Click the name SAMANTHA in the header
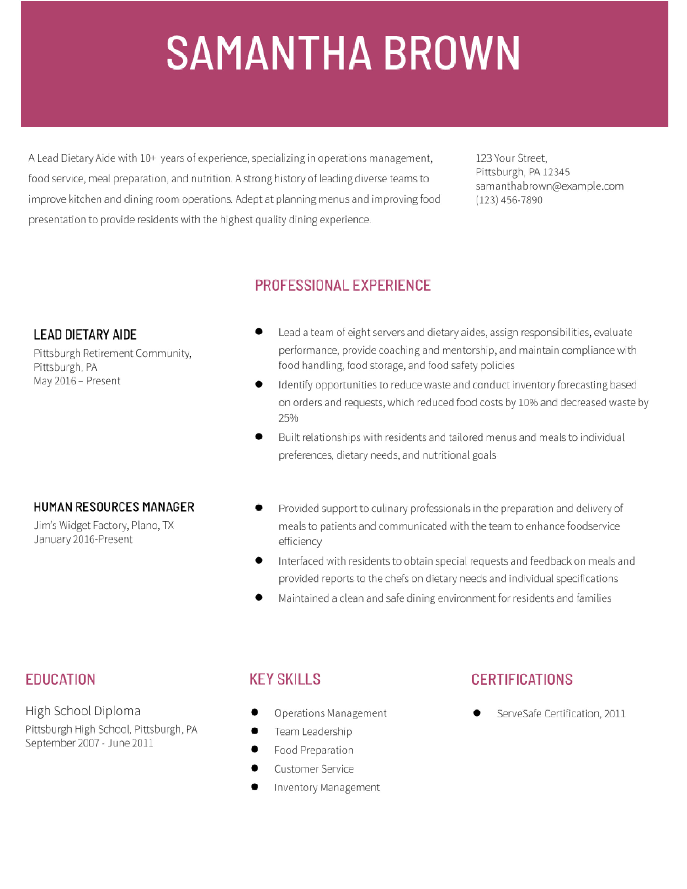tap(269, 53)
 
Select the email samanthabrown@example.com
tap(549, 186)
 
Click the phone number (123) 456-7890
tap(509, 200)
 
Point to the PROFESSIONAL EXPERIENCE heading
tap(343, 285)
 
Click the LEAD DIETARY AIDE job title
tap(85, 335)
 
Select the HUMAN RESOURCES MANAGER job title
tap(114, 507)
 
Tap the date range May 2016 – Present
tap(77, 381)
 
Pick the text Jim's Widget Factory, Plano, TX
tap(104, 526)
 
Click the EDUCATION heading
tap(60, 679)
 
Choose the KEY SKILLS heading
tap(285, 679)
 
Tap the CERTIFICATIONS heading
tap(522, 679)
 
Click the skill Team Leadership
tap(313, 731)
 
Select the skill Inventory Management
tap(327, 788)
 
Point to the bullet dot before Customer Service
tap(255, 768)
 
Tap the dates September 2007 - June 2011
tap(89, 743)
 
